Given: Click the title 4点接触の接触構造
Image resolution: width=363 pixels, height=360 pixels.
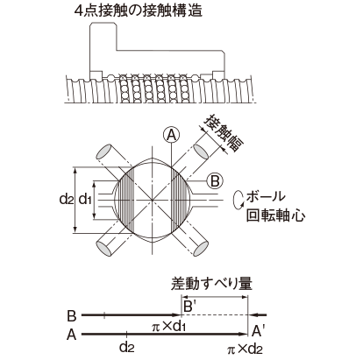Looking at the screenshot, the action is coord(139,11).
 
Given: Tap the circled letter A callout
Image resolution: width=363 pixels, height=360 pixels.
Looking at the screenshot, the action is coord(172,135).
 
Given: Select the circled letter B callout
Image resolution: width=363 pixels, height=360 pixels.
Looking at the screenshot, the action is coord(215,181).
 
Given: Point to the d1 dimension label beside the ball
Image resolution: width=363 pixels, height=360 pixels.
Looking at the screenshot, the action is coord(86,200).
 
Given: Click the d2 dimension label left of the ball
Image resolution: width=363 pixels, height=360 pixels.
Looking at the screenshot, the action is coord(66,200).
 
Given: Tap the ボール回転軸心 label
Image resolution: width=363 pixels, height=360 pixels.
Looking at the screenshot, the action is coord(275,206).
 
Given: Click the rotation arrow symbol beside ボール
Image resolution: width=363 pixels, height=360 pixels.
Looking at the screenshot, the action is coord(238,200).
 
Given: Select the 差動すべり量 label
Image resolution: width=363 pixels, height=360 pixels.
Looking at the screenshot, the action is coord(211,283).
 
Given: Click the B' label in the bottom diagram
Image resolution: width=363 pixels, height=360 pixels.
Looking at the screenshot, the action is coord(189,306).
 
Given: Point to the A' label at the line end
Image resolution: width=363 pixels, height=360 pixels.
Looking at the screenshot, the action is coord(256,331).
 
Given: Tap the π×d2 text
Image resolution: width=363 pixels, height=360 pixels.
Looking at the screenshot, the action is coord(245,349).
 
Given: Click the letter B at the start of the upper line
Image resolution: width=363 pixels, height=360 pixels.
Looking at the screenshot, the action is coord(72,315).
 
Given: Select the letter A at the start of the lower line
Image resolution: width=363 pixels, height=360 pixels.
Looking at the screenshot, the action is coord(71,335).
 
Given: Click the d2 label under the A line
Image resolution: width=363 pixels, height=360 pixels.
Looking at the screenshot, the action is coord(127,346).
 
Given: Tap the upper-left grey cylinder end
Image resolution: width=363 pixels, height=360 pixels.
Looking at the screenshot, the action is coord(105,152).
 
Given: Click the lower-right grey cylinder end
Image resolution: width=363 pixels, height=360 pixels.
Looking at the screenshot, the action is coord(201,249).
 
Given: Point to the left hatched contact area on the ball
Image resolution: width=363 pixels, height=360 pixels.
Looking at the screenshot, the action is coord(125,201).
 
